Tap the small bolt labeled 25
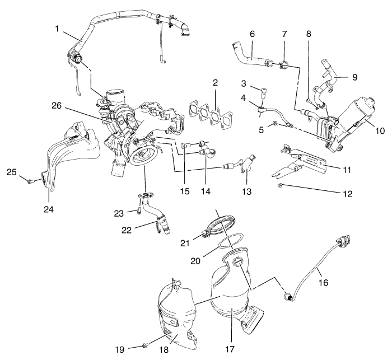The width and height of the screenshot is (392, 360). [33, 180]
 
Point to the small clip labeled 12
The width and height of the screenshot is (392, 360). [279, 184]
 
